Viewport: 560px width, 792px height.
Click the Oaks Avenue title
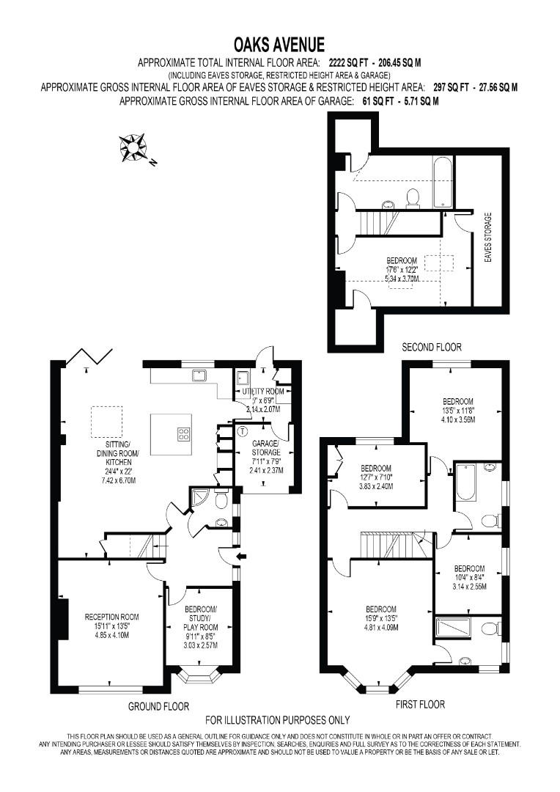[x=279, y=45]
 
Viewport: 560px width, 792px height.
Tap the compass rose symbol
[x=133, y=147]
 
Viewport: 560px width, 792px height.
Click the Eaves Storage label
[x=487, y=237]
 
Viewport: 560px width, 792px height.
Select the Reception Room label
[x=111, y=617]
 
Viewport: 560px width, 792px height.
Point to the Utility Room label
[x=263, y=392]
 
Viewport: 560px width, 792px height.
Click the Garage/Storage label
[x=265, y=447]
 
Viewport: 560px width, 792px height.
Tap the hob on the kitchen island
[x=183, y=434]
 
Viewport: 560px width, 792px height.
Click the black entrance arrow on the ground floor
[x=242, y=557]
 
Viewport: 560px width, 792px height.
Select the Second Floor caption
[x=432, y=347]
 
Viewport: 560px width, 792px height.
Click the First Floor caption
[x=420, y=704]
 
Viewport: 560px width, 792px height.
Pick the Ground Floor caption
[x=158, y=706]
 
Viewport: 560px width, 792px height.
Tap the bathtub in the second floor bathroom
[x=443, y=181]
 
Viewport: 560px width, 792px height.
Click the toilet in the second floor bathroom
[x=413, y=198]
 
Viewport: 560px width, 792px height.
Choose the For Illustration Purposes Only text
[x=278, y=720]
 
